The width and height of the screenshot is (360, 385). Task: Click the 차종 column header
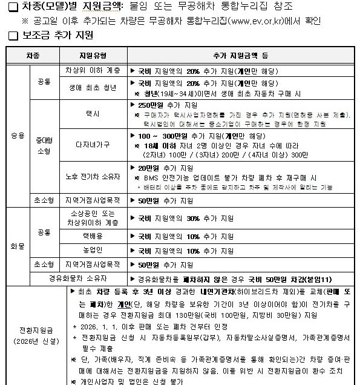click(32, 55)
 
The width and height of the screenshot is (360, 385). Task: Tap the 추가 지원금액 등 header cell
click(240, 55)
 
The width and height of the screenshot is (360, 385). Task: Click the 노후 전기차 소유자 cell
click(93, 177)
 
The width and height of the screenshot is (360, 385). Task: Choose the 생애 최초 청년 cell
click(93, 86)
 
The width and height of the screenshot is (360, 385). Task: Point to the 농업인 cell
click(93, 249)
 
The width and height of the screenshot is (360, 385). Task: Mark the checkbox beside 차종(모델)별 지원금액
click(10, 7)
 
